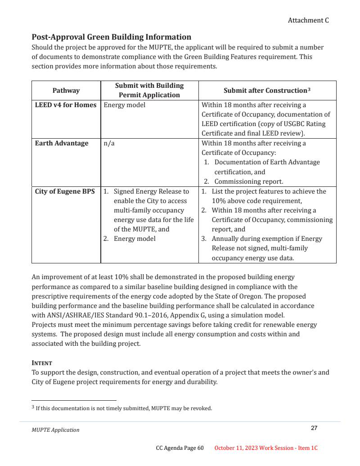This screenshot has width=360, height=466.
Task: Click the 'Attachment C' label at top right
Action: [308, 20]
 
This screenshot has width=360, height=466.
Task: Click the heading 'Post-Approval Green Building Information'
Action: [111, 37]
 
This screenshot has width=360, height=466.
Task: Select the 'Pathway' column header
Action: [66, 90]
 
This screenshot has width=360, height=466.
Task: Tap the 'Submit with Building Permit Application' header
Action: [149, 90]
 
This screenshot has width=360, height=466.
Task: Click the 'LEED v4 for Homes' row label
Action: [66, 105]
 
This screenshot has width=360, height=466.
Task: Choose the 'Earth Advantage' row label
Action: [62, 143]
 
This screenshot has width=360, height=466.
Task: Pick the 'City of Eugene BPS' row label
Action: [65, 191]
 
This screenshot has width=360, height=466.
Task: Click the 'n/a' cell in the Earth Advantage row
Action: [108, 143]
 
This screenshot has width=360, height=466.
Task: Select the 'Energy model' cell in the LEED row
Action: [124, 105]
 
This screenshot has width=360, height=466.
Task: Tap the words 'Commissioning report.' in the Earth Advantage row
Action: [248, 181]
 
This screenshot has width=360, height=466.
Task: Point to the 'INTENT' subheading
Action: [42, 363]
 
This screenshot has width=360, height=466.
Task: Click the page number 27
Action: [314, 428]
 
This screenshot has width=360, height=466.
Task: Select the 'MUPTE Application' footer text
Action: [55, 430]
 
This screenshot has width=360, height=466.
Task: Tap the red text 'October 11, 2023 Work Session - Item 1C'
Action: [266, 448]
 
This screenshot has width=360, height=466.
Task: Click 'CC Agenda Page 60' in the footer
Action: [180, 448]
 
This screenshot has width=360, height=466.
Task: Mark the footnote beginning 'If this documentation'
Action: [124, 408]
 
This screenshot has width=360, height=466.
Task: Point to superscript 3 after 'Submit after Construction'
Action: [309, 89]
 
